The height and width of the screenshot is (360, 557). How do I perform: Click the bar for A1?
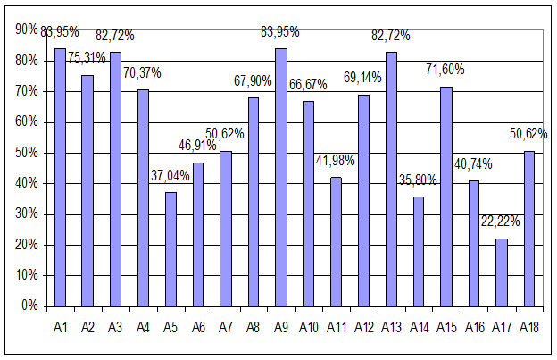click(61, 178)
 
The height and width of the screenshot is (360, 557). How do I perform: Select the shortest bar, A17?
click(502, 272)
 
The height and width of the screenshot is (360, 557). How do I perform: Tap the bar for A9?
click(281, 178)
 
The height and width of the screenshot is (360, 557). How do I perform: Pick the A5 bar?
click(170, 249)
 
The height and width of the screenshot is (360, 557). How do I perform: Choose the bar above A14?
click(419, 252)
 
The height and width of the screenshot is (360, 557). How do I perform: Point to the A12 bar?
click(364, 201)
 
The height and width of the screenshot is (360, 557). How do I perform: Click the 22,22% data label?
click(500, 222)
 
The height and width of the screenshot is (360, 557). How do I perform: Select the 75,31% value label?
click(87, 57)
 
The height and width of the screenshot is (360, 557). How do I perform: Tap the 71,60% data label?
click(445, 70)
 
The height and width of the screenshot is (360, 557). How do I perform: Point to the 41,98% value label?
click(336, 161)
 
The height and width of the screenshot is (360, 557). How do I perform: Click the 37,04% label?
click(170, 176)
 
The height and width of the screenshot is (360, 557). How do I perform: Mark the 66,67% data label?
click(308, 85)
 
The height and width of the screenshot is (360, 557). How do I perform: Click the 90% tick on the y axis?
click(26, 29)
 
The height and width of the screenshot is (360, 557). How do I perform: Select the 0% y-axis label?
click(29, 306)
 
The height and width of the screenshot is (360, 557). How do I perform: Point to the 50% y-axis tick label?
click(26, 153)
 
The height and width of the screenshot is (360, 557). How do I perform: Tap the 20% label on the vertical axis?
click(26, 245)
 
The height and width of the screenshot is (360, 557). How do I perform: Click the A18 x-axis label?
click(529, 327)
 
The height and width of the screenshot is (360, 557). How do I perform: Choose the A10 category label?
click(308, 327)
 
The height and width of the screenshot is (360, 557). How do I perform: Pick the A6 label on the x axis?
click(198, 327)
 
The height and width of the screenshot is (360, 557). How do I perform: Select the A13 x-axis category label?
click(391, 327)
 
